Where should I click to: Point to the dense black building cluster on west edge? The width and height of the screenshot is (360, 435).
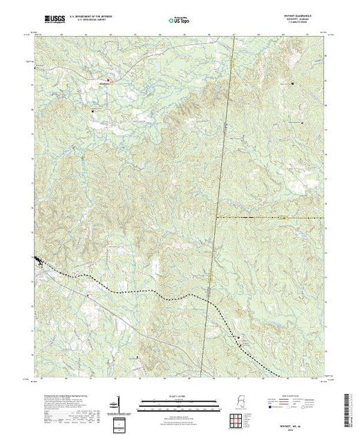38,260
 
